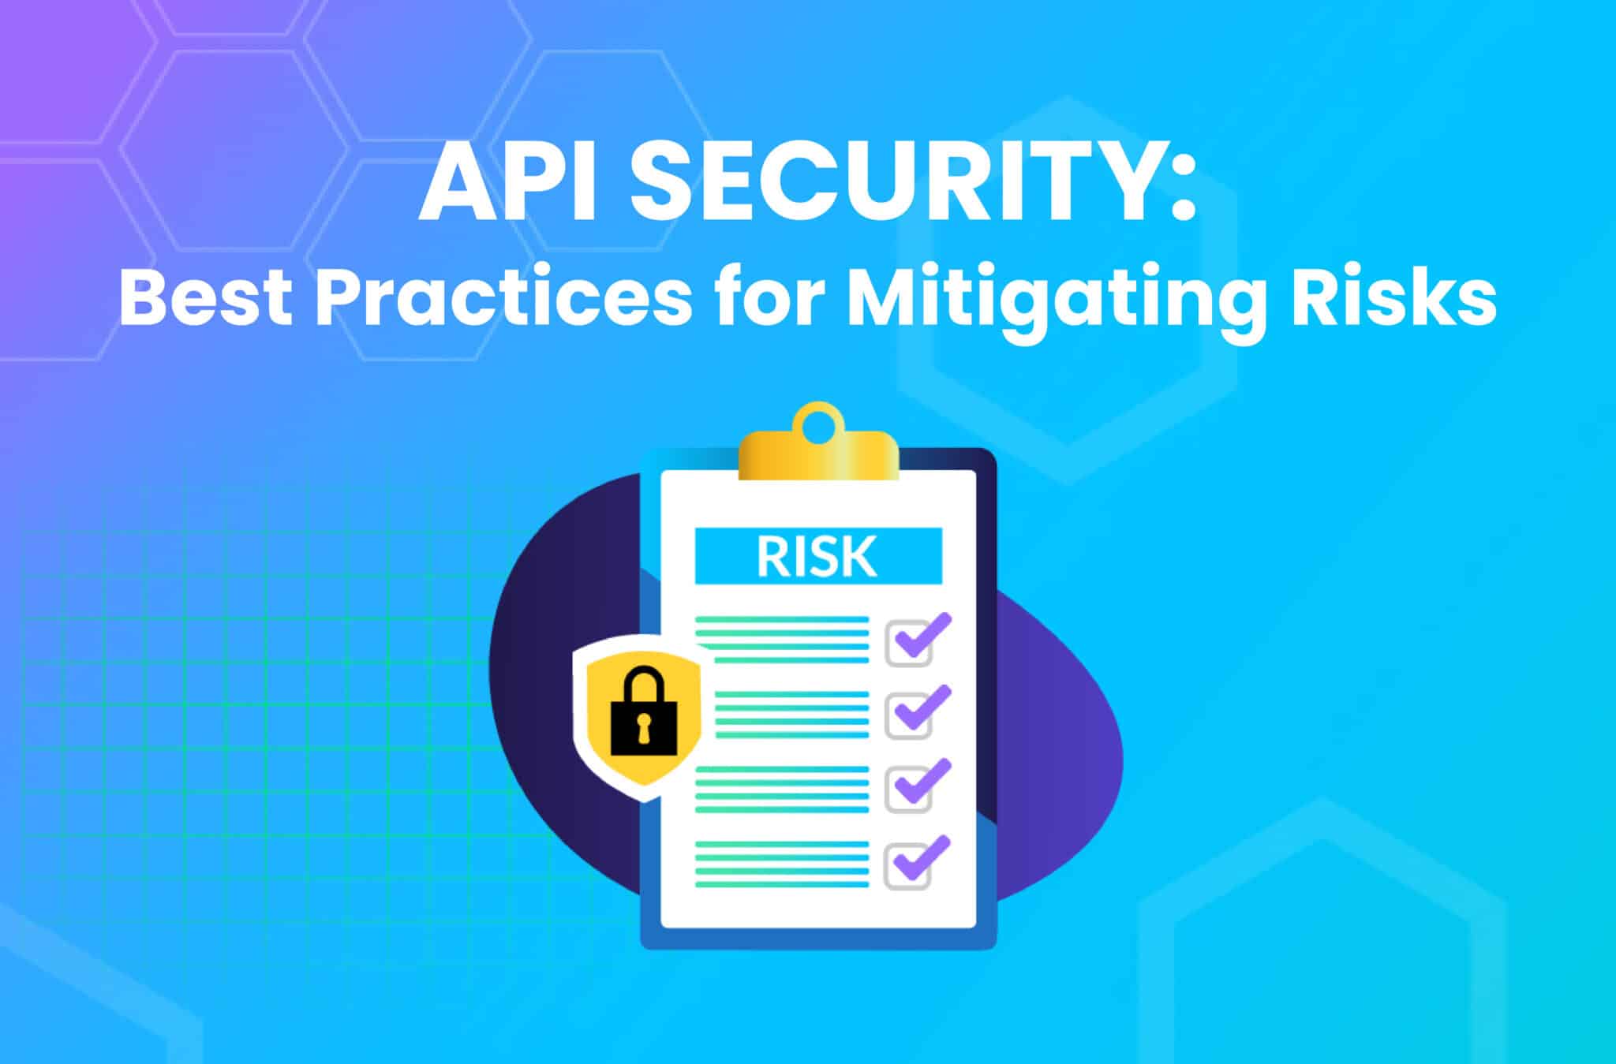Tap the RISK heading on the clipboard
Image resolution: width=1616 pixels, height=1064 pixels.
[817, 556]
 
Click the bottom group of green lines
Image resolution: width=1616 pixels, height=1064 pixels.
[782, 864]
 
